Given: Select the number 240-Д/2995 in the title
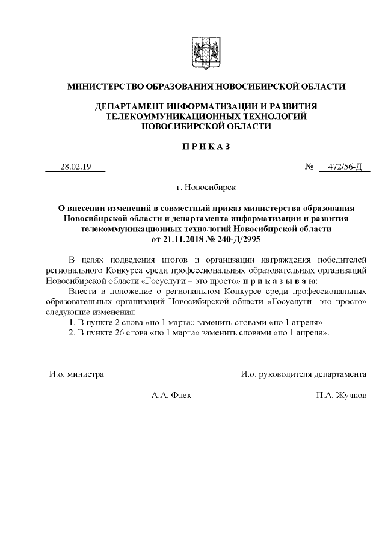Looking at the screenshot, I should (x=237, y=239).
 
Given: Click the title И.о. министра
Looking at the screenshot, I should (x=76, y=374).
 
